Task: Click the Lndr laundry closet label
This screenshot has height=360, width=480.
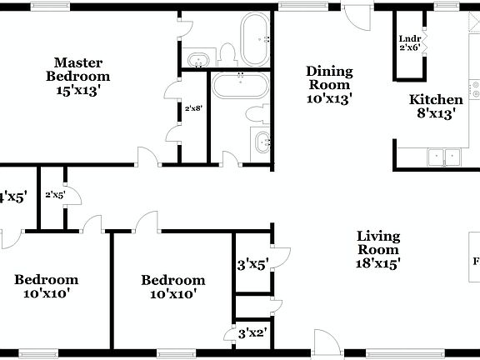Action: tap(409, 38)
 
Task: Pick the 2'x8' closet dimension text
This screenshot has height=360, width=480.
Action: tap(192, 107)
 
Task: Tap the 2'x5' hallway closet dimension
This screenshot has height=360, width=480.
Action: tap(55, 194)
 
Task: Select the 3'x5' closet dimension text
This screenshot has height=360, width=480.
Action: tap(252, 266)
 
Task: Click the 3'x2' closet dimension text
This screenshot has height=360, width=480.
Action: tap(252, 333)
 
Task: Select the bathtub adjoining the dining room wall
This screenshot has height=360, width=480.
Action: tap(255, 38)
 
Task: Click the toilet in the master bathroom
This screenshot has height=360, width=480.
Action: tap(227, 56)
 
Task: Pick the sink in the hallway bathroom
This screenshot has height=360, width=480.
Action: tap(262, 142)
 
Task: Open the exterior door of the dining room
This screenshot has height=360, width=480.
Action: tap(355, 18)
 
